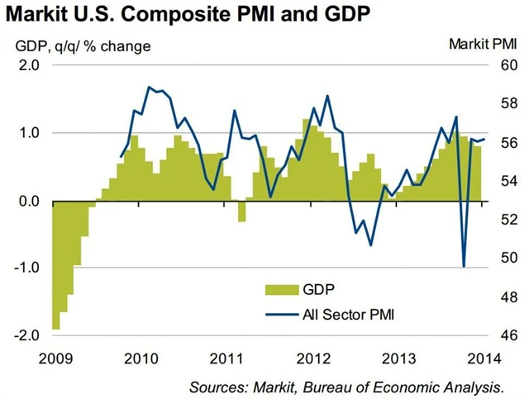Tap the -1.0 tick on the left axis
[27, 268]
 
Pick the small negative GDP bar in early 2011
[241, 211]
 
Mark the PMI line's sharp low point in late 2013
[464, 266]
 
